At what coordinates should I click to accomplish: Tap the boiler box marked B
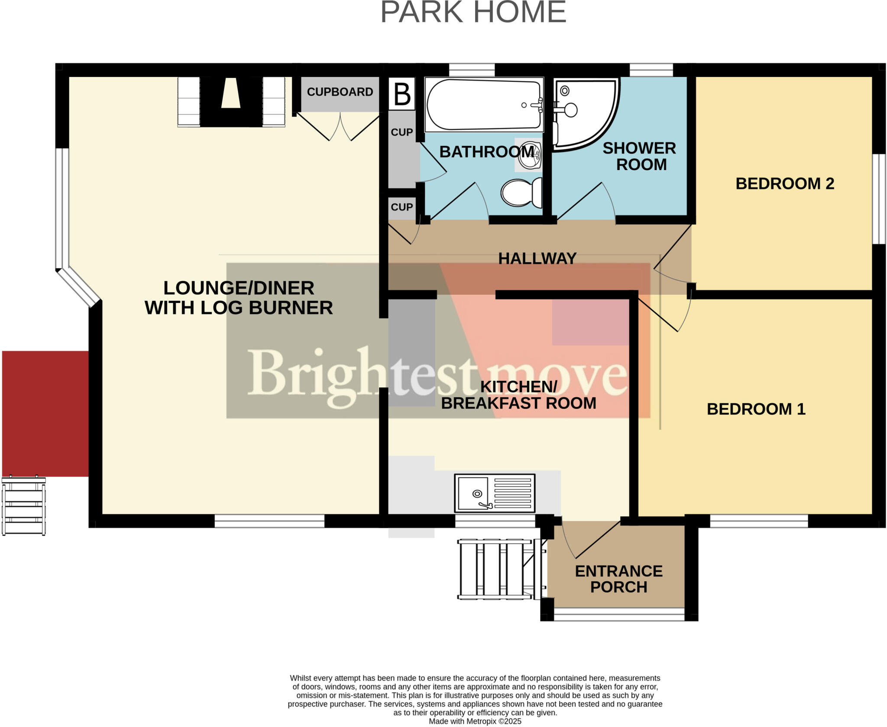point(401,93)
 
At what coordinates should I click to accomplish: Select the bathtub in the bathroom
point(484,104)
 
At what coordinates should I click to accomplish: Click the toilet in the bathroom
point(521,193)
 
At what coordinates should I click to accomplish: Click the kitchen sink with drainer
point(495,493)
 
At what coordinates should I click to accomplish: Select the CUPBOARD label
point(340,92)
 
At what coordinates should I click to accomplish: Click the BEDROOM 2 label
point(784,183)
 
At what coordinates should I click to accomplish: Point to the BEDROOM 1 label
point(756,409)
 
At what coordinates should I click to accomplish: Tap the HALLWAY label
point(537,258)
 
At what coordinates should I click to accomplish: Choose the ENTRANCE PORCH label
point(618,579)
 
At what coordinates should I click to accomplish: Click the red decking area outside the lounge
point(45,413)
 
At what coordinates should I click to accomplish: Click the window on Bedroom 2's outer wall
point(879,199)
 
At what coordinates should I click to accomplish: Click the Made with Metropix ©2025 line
point(475,721)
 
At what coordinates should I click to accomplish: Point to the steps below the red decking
point(24,506)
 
